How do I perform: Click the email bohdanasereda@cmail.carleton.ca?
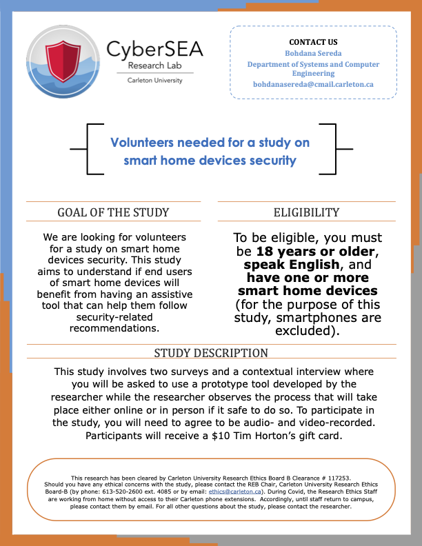[x=313, y=83]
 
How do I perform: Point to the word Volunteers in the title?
[x=142, y=143]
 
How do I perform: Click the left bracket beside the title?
[x=88, y=148]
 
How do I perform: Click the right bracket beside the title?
[x=335, y=148]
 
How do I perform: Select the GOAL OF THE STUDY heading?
[x=113, y=212]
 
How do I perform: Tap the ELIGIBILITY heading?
[x=306, y=212]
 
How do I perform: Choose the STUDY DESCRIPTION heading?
[x=211, y=353]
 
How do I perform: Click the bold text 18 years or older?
[x=316, y=251]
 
